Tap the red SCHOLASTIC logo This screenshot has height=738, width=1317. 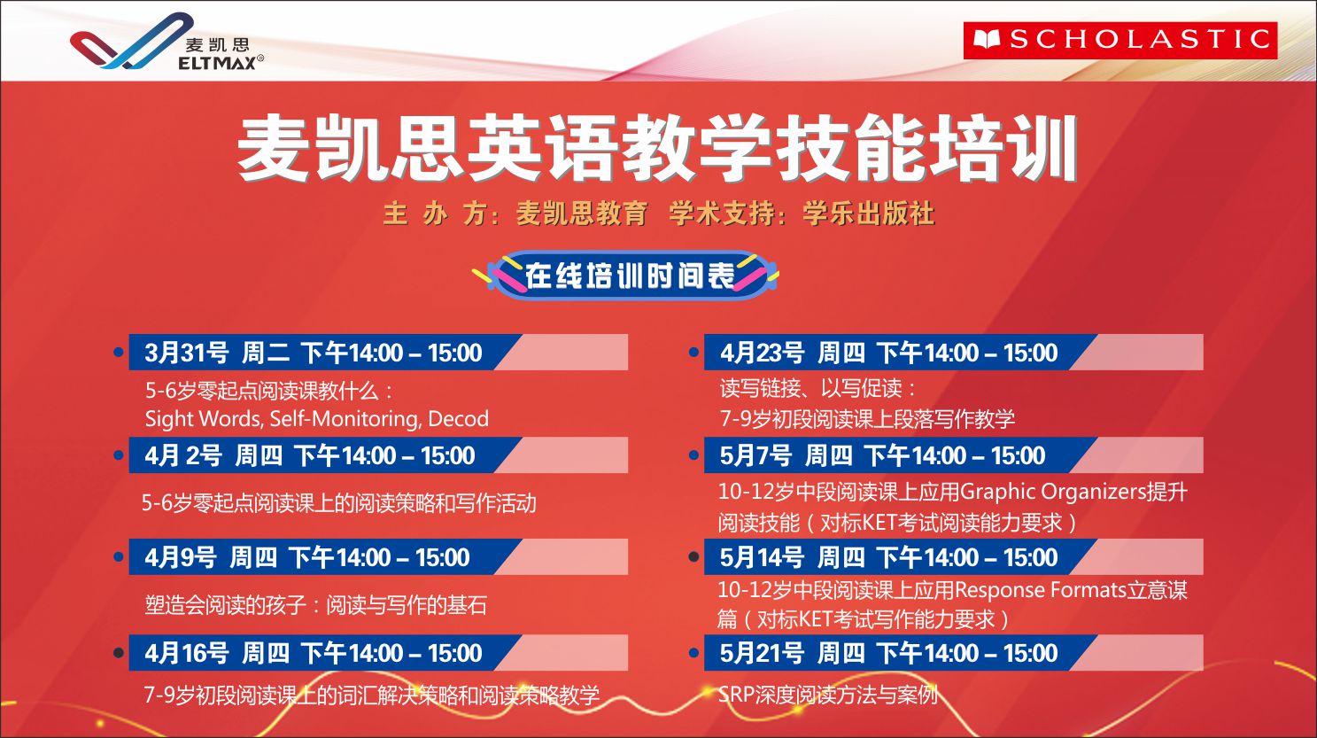pyautogui.click(x=1119, y=40)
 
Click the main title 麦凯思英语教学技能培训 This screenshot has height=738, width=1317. pyautogui.click(x=656, y=148)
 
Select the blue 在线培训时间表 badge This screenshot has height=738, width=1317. pyautogui.click(x=628, y=275)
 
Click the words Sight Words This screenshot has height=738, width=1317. pyautogui.click(x=204, y=418)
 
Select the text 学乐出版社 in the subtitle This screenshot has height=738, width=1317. pyautogui.click(x=868, y=214)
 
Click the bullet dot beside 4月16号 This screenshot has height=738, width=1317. pyautogui.click(x=118, y=653)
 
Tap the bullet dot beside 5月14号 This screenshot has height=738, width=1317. pyautogui.click(x=693, y=557)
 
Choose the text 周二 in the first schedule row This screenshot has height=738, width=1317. pyautogui.click(x=265, y=353)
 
